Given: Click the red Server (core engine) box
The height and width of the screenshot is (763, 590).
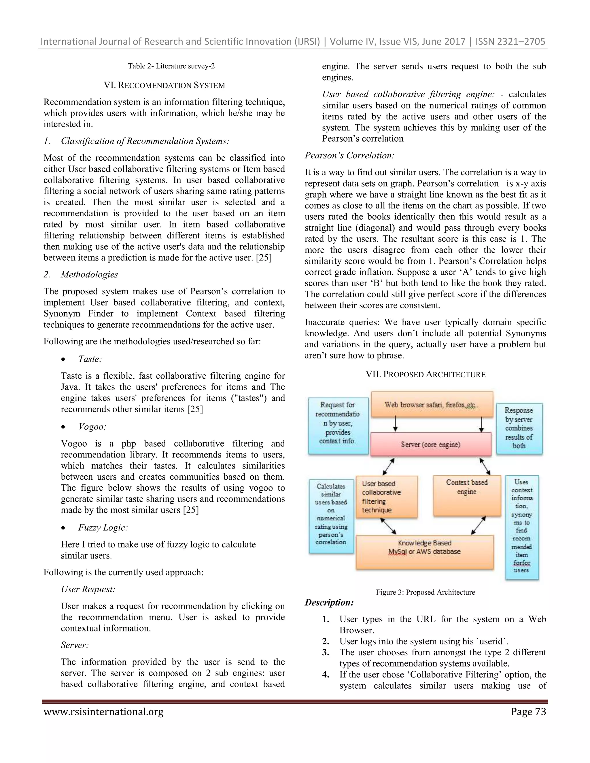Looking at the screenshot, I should click(x=431, y=444).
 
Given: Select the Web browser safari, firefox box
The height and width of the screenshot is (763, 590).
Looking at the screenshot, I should click(x=432, y=405).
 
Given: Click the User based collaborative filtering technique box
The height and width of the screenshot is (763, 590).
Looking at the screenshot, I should click(x=386, y=496).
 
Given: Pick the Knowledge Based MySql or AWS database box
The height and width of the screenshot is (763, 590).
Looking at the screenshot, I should click(x=425, y=552).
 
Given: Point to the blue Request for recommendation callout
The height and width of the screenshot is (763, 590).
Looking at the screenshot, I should click(x=338, y=425).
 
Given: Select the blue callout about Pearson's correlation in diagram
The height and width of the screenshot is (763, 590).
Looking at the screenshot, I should click(x=331, y=516).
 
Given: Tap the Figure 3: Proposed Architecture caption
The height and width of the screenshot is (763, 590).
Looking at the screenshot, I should click(x=426, y=592).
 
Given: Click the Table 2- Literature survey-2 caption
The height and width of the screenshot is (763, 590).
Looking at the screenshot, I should click(x=171, y=66).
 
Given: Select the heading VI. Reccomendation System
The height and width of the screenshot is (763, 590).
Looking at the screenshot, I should click(x=164, y=85).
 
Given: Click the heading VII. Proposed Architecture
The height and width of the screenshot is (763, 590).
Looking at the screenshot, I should click(x=426, y=375).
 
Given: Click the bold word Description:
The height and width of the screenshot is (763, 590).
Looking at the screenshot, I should click(x=329, y=603).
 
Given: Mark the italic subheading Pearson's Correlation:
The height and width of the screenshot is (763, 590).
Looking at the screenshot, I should click(x=349, y=155).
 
